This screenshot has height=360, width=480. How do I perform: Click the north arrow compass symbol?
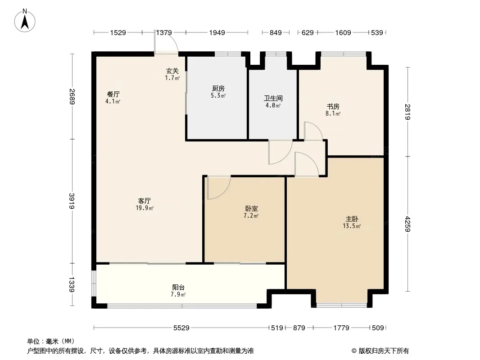[25, 21]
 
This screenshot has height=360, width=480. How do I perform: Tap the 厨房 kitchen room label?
[218, 88]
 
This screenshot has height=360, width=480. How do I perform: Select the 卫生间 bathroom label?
[273, 98]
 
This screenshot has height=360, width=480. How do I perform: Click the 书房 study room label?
[333, 107]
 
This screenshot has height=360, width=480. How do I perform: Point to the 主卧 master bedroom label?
[352, 219]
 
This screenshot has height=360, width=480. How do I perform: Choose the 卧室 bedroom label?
[251, 209]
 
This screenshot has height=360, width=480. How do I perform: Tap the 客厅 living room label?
[145, 201]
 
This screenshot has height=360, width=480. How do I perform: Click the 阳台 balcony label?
[178, 287]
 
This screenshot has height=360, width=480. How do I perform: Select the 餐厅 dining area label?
[113, 94]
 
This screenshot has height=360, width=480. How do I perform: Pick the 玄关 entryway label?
[172, 71]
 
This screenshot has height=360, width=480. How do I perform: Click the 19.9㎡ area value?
[145, 208]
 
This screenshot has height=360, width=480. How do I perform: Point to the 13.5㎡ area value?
[352, 226]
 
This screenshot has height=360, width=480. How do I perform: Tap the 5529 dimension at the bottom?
[181, 328]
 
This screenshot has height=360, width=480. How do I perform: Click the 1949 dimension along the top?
[217, 32]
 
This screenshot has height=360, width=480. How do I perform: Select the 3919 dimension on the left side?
[72, 201]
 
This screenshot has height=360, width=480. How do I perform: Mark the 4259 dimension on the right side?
[408, 224]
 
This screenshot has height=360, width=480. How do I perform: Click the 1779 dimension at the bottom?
[341, 328]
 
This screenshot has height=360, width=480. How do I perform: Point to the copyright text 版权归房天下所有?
[384, 351]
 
